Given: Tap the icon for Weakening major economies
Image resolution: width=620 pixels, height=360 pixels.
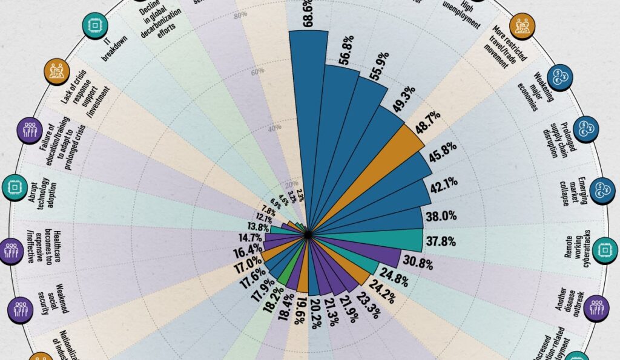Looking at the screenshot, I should (x=561, y=77).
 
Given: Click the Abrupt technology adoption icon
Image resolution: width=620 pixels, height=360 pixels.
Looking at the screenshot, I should (x=13, y=188).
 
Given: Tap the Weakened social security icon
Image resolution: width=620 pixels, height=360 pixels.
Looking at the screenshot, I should (x=20, y=309).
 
